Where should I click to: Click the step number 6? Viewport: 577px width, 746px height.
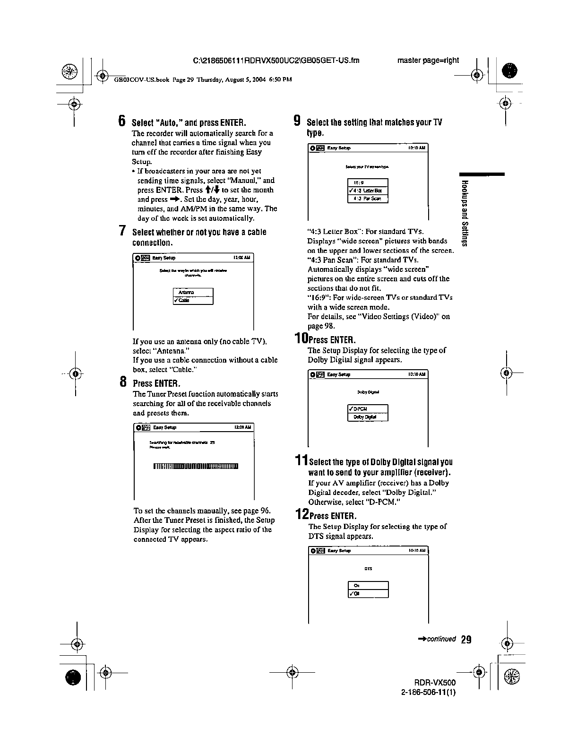(122, 121)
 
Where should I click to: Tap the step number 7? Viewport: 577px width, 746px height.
(122, 231)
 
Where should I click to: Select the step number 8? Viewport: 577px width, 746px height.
(122, 382)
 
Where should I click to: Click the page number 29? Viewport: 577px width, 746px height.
(466, 640)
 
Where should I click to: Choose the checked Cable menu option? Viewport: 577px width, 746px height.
(194, 301)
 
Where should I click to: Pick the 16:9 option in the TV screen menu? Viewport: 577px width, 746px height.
(368, 183)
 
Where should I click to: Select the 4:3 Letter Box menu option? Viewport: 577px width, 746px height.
(368, 191)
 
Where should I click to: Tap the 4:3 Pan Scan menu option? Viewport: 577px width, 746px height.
(368, 199)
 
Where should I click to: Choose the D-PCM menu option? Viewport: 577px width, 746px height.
(368, 409)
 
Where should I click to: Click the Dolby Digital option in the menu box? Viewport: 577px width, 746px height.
(368, 417)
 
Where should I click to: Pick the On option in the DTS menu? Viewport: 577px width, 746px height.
(368, 586)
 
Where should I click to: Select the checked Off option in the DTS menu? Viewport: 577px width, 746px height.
(368, 594)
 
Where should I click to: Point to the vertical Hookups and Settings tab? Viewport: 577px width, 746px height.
(465, 213)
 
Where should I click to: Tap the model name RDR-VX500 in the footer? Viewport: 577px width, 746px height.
(435, 684)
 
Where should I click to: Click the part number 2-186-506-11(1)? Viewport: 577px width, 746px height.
(428, 693)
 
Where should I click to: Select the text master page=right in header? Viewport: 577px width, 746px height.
(428, 60)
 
